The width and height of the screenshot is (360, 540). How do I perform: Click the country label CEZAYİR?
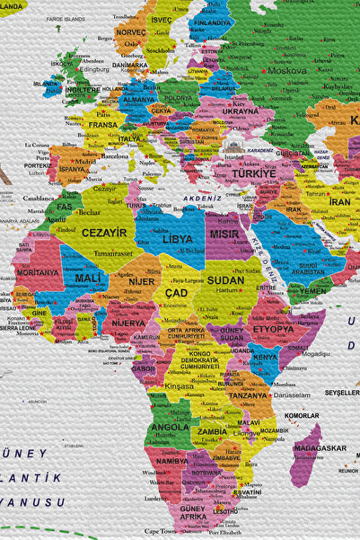104,232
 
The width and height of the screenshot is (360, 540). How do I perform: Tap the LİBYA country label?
177,239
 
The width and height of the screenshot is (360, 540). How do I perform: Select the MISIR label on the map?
224,233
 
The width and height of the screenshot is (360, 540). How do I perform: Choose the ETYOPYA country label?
272,329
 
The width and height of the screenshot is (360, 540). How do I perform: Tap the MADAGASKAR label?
319,447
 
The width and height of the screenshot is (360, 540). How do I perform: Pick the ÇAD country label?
177,293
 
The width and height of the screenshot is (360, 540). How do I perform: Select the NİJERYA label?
127,323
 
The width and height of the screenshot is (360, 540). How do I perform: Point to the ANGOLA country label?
170,427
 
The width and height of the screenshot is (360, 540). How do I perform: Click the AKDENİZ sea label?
203,198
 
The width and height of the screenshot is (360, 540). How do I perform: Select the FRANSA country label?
102,125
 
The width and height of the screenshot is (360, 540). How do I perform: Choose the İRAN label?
339,202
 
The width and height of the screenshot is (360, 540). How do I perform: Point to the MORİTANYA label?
38,272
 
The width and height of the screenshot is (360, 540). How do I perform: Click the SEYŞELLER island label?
341,393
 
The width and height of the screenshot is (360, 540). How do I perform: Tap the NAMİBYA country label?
171,460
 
